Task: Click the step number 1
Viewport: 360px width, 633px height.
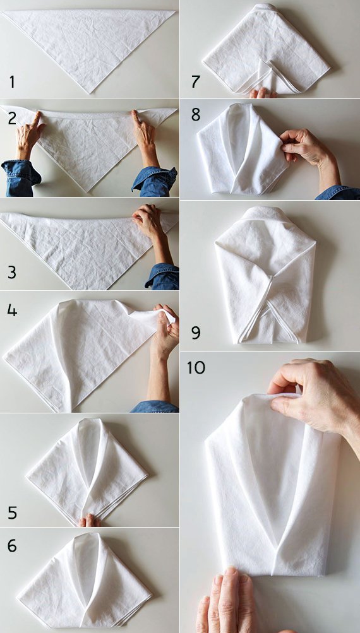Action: pos(12,82)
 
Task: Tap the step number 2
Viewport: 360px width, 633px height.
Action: pos(12,119)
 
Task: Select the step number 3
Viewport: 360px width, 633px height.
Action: pos(12,273)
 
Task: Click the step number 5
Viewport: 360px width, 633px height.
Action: pos(13,512)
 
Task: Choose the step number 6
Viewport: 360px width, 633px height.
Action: pos(12,546)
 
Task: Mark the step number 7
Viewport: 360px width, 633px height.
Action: pos(196,81)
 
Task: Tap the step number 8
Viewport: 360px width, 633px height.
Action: pos(196,115)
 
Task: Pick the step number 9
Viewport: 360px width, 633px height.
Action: pos(196,333)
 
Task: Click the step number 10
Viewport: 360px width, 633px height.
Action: pos(196,368)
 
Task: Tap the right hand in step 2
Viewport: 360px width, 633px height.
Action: pos(145,137)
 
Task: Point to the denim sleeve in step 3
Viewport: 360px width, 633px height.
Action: pos(162,276)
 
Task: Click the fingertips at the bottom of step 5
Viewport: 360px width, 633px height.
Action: pos(89,521)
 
